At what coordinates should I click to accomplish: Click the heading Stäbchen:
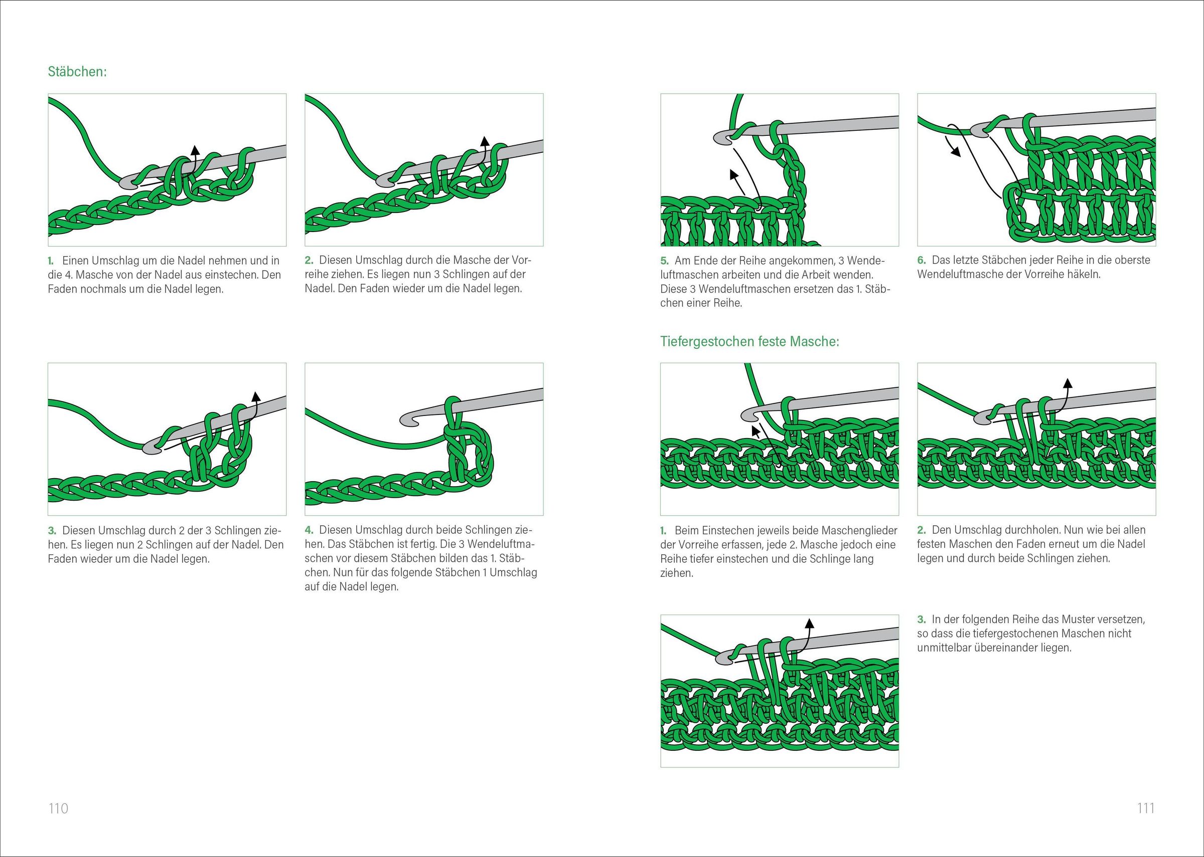(x=77, y=71)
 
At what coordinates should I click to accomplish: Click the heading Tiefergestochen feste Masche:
(x=749, y=341)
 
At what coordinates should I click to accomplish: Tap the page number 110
(x=58, y=808)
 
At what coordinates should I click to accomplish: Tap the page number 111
(x=1146, y=808)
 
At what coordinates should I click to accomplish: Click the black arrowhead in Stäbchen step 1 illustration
(x=195, y=149)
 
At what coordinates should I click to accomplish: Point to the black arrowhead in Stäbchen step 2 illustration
(x=485, y=140)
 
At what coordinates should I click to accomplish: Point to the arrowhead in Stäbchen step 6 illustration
(x=955, y=152)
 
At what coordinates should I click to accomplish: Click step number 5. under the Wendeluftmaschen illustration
(x=665, y=261)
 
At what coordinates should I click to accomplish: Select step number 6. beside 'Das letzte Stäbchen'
(x=922, y=260)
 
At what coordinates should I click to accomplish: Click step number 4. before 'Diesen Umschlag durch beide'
(x=310, y=530)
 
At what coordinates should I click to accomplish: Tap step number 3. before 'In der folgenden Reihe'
(x=922, y=619)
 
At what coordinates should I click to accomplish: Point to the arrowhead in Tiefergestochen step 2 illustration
(x=1067, y=382)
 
